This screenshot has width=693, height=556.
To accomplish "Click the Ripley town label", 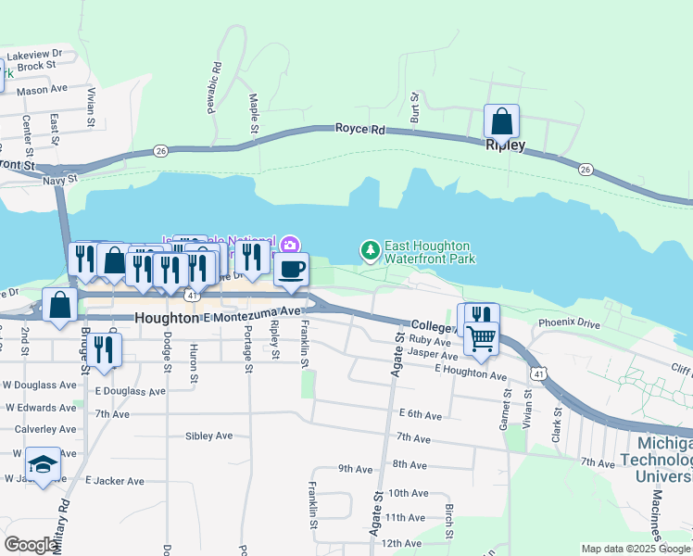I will [505, 145].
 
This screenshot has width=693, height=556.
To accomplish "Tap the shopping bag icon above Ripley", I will [501, 121].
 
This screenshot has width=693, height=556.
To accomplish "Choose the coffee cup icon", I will [291, 269].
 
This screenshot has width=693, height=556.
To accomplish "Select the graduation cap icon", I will [42, 464].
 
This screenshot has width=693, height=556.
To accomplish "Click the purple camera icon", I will [291, 245].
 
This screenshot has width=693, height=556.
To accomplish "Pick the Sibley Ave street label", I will [208, 436].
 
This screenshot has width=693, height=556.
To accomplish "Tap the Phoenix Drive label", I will [569, 324].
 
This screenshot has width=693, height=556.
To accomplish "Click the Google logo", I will [31, 544].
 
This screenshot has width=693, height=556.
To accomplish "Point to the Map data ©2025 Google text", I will [636, 549].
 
